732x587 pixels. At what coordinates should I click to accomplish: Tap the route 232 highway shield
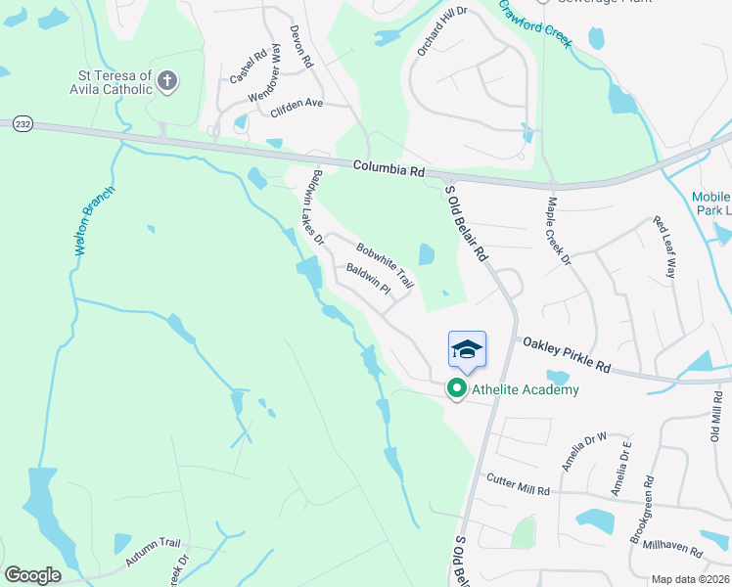coord(23,124)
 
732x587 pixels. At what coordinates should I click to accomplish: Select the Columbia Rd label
coord(389,169)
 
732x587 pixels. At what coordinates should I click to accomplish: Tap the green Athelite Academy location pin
coord(456,388)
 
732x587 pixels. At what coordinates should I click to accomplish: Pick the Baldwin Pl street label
coord(368,280)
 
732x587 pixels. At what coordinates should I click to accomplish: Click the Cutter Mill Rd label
coord(519,483)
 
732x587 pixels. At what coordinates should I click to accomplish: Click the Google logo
coord(32,574)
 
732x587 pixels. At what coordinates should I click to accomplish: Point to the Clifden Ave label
coord(297,104)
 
